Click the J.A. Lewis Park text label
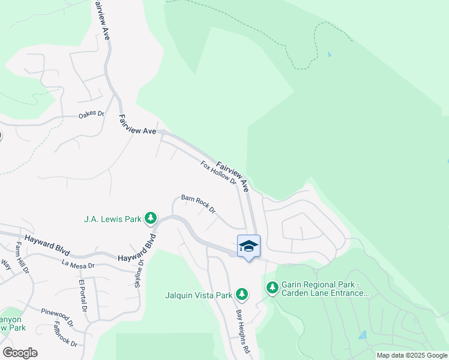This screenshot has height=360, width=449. tap(113, 219)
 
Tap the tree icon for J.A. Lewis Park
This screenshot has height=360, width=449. tap(152, 218)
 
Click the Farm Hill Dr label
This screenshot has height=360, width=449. tap(22, 258)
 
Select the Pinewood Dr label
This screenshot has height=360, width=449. tap(57, 316)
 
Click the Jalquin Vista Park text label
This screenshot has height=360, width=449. tap(199, 295)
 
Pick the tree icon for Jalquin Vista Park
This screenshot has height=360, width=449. tap(242, 294)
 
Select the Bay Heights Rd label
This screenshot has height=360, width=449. tap(242, 332)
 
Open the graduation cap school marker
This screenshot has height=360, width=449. tap(249, 246)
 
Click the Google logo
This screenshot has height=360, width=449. tap(20, 353)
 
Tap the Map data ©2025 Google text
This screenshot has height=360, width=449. tap(412, 355)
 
